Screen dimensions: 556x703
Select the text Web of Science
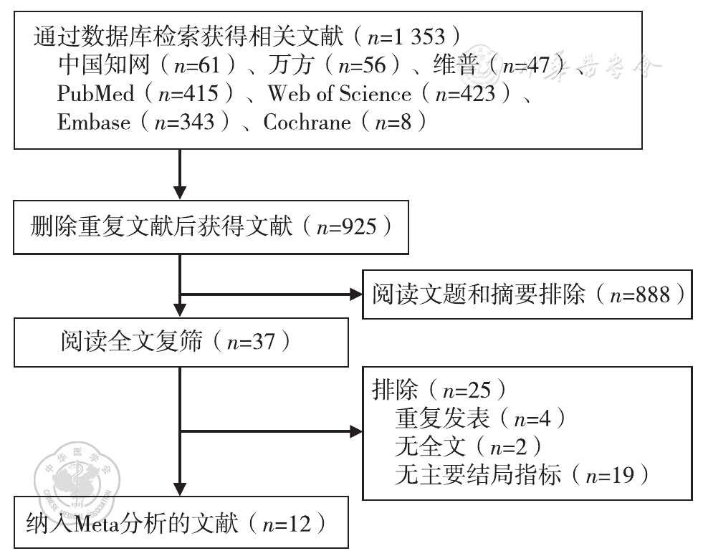[x=339, y=93]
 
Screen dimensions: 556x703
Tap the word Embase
[x=94, y=122]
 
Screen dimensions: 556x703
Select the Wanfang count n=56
[x=365, y=65]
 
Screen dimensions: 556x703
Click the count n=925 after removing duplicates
[x=347, y=227]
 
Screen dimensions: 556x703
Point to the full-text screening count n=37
[x=250, y=341]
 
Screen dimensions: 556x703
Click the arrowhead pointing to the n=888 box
[x=355, y=294]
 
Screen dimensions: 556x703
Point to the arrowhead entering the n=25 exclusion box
[x=355, y=432]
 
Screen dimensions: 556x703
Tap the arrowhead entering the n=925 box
[x=180, y=191]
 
